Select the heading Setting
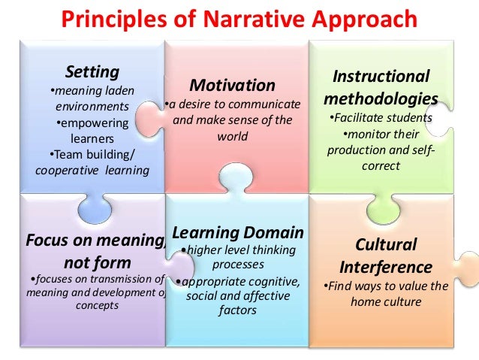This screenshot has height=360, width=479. point(93,72)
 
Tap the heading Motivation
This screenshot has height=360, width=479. point(232,84)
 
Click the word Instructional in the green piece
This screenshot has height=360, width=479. point(381,77)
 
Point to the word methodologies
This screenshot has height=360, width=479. point(381,98)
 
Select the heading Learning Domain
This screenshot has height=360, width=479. point(238,231)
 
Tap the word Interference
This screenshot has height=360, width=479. point(386,267)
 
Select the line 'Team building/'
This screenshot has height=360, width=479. point(93,156)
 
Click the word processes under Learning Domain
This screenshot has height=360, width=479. point(236,265)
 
